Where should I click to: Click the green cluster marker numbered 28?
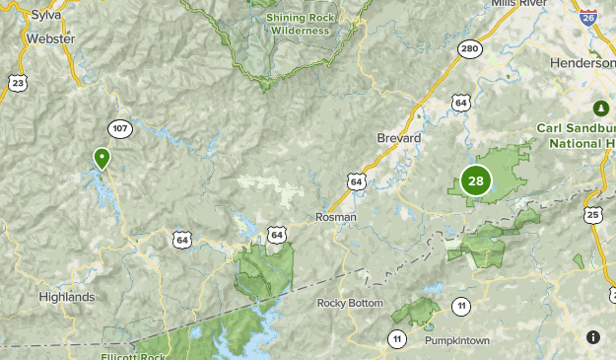click(x=476, y=180)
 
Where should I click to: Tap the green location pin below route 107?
click(x=102, y=158)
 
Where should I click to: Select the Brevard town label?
click(x=399, y=139)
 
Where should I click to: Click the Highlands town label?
click(x=67, y=297)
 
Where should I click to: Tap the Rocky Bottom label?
click(x=350, y=303)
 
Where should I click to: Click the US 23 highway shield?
click(x=18, y=84)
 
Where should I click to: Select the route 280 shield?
click(x=470, y=50)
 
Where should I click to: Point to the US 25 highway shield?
click(x=592, y=214)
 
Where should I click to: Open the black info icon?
click(x=593, y=337)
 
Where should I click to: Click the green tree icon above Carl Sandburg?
click(x=600, y=107)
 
